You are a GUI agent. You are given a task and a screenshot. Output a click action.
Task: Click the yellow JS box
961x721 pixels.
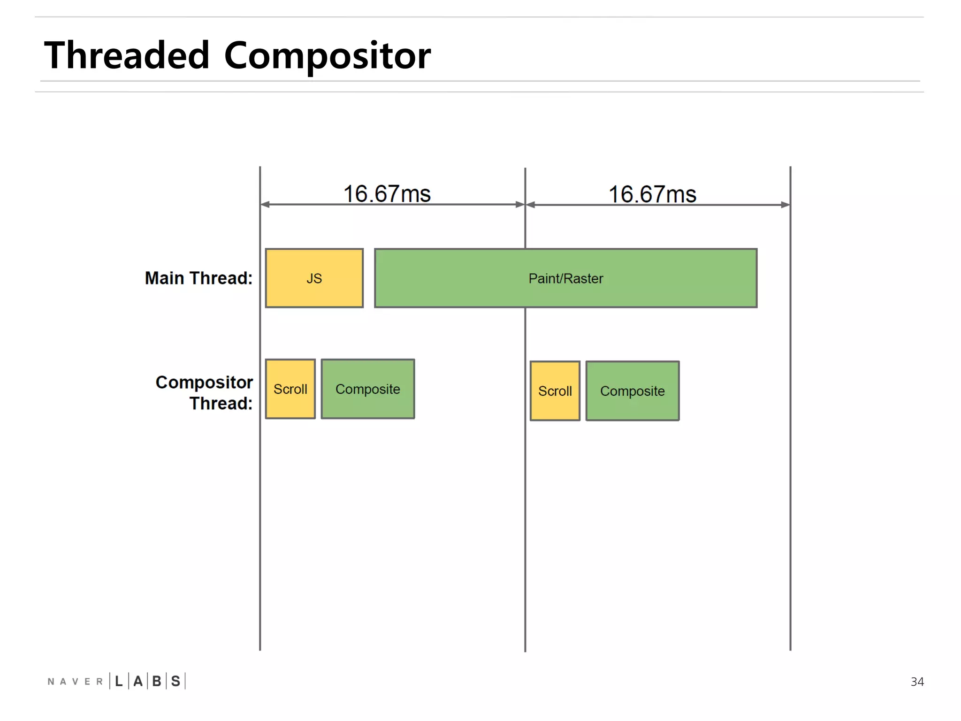tap(314, 278)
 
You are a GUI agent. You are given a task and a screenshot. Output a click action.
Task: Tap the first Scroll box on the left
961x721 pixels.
tap(290, 389)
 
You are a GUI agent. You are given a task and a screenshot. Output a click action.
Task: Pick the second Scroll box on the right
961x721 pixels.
tap(555, 391)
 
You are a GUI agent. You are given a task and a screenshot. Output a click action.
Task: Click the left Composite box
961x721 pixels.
tap(367, 389)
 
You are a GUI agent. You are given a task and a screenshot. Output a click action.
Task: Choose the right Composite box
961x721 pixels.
tap(632, 391)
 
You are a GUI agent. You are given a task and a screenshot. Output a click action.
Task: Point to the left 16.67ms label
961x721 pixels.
tap(387, 193)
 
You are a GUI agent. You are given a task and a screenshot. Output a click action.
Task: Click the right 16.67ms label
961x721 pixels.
tap(652, 194)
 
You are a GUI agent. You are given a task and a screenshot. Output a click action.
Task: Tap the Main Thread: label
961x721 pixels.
tap(198, 278)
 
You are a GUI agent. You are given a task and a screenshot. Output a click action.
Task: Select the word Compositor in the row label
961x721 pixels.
tap(204, 382)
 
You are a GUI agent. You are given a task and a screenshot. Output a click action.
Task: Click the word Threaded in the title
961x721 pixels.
tap(127, 55)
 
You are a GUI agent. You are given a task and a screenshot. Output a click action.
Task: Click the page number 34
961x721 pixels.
tap(917, 682)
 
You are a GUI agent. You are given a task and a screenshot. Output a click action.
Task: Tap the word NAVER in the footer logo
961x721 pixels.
tap(75, 682)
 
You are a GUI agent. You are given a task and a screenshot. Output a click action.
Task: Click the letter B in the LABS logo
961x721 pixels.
tap(157, 681)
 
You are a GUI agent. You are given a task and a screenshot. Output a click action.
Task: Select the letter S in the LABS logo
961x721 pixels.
tap(175, 681)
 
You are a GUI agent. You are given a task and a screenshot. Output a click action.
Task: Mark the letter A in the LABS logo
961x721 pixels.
tap(138, 681)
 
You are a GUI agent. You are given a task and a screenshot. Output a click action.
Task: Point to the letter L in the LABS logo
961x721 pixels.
tap(119, 681)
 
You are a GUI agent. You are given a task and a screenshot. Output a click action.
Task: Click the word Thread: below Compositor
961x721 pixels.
tap(221, 403)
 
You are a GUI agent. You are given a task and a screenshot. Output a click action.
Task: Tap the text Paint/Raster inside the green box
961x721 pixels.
tap(565, 278)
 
